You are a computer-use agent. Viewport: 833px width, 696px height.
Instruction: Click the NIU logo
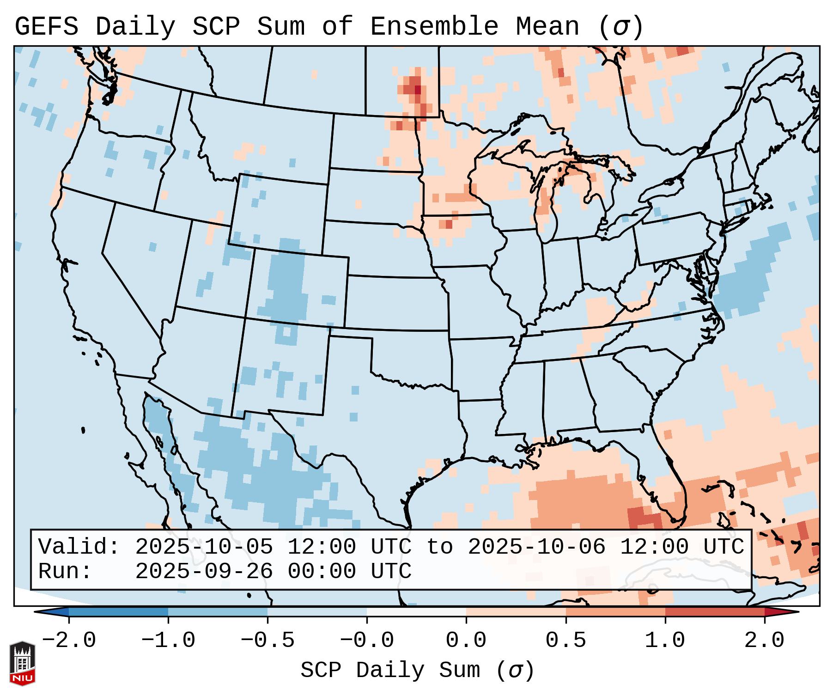[x=22, y=663]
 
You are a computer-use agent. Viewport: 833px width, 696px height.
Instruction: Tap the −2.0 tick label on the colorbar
[x=68, y=641]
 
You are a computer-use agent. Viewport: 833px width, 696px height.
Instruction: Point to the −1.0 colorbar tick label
[x=168, y=641]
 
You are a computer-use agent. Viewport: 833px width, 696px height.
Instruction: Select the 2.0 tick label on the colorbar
[x=764, y=641]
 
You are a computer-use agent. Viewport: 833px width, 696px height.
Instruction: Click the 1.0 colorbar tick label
[x=665, y=641]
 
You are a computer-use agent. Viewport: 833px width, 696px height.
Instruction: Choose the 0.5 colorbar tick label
[x=565, y=641]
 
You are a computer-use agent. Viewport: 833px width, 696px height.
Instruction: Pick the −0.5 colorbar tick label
[x=268, y=641]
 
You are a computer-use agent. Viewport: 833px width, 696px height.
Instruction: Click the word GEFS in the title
[x=46, y=26]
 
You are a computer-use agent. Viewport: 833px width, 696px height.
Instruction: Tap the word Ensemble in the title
[x=434, y=26]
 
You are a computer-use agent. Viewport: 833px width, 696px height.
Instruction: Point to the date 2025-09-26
[x=204, y=571]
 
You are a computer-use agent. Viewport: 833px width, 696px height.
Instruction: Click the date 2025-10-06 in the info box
[x=536, y=547]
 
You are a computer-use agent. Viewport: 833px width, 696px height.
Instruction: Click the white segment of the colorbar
[x=416, y=612]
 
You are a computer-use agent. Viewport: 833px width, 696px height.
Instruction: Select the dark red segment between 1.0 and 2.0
[x=715, y=612]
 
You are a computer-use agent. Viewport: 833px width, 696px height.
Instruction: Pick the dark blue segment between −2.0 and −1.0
[x=118, y=612]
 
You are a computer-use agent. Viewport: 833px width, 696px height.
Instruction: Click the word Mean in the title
[x=547, y=26]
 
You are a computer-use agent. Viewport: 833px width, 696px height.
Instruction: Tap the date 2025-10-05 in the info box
[x=204, y=547]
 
